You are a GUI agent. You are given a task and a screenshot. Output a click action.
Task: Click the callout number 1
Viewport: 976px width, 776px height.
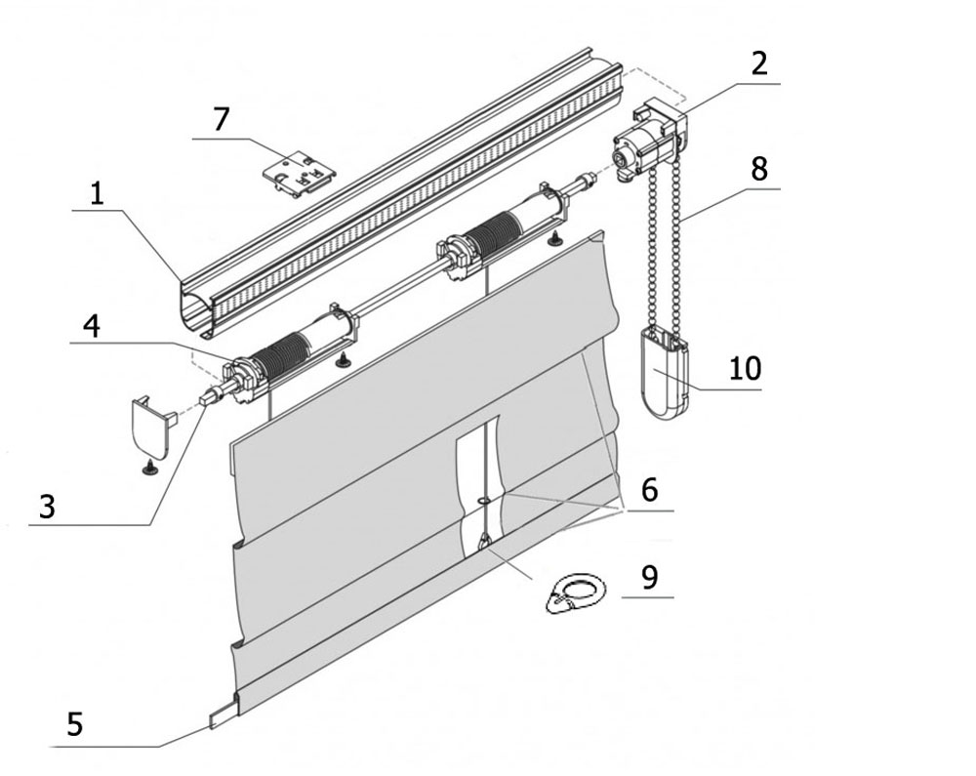[x=97, y=194]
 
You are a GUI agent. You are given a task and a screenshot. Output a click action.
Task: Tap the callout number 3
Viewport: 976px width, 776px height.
[x=47, y=507]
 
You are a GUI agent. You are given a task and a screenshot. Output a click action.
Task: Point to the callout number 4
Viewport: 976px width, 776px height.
[x=92, y=326]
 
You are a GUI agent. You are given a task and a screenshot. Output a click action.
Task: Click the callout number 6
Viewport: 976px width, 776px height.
[x=649, y=490]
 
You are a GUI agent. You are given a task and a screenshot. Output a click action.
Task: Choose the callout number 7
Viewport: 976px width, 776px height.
[x=221, y=119]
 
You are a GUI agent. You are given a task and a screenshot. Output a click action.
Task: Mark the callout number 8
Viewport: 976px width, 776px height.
[x=759, y=169]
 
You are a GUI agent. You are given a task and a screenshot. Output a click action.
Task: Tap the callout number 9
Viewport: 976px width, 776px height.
[x=649, y=578]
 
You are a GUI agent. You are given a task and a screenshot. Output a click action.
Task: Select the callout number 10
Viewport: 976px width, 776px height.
[x=745, y=368]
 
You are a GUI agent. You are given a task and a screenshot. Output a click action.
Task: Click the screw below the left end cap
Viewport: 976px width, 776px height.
[x=149, y=468]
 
